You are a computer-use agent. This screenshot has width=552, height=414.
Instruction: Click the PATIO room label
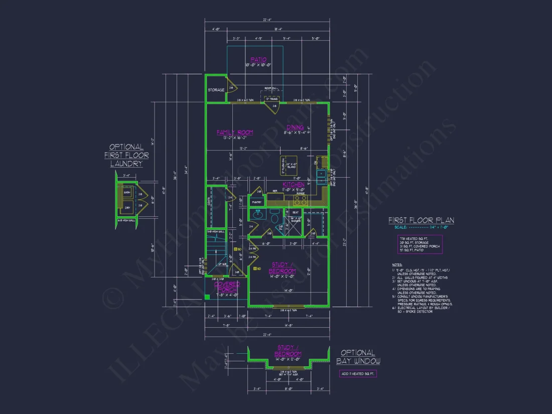tap(258, 60)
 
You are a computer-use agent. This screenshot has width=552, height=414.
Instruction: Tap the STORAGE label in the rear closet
tap(216, 90)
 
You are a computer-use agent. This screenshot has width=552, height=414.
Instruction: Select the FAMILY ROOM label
tap(234, 132)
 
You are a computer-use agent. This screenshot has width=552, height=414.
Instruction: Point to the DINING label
tap(295, 127)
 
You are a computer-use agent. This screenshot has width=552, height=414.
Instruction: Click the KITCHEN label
tap(293, 185)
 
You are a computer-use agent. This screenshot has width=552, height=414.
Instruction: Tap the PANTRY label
tap(257, 202)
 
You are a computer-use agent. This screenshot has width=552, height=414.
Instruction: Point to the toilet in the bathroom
tap(274, 217)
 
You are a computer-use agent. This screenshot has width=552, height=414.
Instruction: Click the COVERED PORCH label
tap(227, 287)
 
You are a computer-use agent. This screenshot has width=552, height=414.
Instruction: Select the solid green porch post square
tap(206, 297)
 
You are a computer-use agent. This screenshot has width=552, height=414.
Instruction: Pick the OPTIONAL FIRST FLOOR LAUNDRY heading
tap(126, 155)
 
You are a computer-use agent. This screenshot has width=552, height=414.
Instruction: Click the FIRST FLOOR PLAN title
tap(421, 220)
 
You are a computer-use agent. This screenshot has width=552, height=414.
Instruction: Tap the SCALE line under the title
tap(421, 227)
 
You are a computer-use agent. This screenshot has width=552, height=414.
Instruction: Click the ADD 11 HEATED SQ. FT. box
tap(358, 374)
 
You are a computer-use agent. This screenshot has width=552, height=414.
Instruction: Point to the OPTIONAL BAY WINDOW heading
tap(358, 357)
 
